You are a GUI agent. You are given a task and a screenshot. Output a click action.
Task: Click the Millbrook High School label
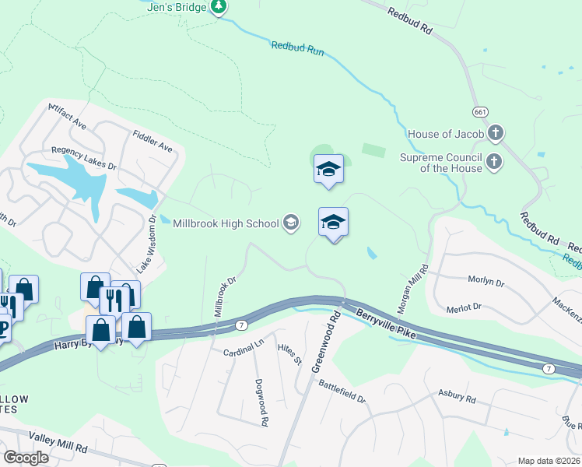click(226, 224)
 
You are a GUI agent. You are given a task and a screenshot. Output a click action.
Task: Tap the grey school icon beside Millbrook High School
click(291, 224)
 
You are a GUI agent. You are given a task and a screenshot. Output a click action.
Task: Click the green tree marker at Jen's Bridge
click(219, 8)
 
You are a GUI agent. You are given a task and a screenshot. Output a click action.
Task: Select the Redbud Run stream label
click(296, 49)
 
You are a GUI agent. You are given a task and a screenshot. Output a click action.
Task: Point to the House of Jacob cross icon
click(494, 134)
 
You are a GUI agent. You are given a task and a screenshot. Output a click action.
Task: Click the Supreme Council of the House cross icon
click(493, 162)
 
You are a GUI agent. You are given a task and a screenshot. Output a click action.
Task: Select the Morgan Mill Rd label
click(413, 290)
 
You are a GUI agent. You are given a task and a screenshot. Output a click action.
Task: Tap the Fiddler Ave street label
click(153, 140)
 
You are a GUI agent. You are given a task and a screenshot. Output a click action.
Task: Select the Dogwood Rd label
click(261, 402)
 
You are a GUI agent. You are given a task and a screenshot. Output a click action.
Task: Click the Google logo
click(26, 458)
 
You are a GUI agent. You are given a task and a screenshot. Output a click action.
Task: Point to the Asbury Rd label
click(457, 397)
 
